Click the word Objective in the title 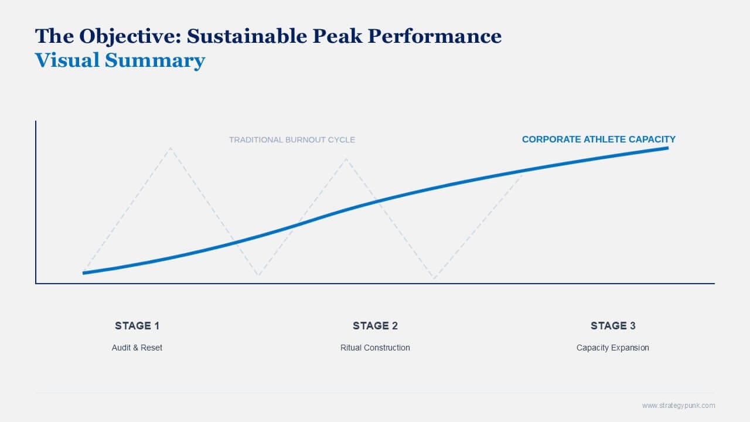click(x=129, y=36)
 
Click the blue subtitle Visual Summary click(x=120, y=60)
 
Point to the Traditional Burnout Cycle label click(x=292, y=139)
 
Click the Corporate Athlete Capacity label click(x=598, y=139)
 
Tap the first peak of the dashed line click(x=171, y=148)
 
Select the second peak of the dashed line click(x=346, y=158)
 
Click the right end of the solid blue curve click(x=667, y=148)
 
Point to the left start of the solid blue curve click(x=84, y=273)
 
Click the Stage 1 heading click(x=137, y=326)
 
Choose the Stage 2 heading click(x=375, y=326)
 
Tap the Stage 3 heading click(x=613, y=326)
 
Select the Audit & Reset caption click(x=137, y=348)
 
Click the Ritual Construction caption click(x=375, y=348)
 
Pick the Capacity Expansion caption click(x=613, y=348)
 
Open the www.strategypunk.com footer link click(x=679, y=406)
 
